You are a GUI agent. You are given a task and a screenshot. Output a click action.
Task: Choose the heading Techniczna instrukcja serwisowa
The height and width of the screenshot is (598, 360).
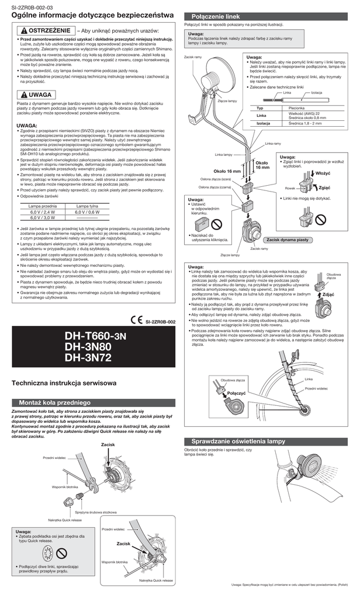[x=64, y=383]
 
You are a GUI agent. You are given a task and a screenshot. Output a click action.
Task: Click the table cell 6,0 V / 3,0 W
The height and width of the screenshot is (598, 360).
[x=43, y=217]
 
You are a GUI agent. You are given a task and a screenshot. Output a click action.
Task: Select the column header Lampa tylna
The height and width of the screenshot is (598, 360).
[x=87, y=206]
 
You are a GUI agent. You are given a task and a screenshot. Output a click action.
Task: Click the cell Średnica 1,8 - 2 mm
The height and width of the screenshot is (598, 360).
[x=306, y=123]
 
